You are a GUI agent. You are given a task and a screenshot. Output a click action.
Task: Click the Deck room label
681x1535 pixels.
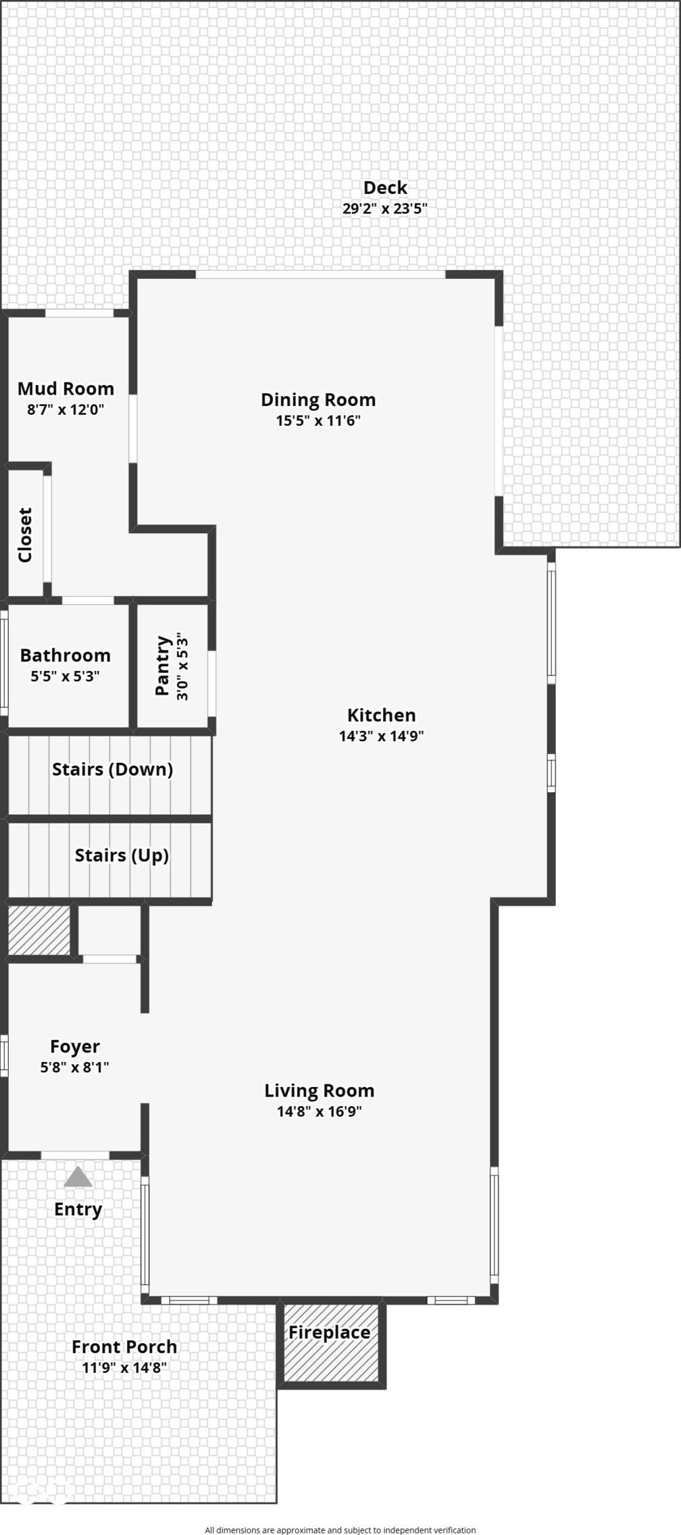tap(385, 187)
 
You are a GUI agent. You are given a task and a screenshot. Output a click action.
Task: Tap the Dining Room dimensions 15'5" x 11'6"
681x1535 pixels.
tap(318, 420)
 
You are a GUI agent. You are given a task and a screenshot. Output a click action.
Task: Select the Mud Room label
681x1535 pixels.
tap(66, 388)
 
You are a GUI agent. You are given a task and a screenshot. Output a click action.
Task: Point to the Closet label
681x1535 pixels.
tap(25, 535)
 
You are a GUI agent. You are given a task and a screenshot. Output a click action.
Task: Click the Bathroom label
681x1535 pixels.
tap(66, 655)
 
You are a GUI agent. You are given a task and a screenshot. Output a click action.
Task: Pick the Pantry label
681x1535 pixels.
tap(162, 665)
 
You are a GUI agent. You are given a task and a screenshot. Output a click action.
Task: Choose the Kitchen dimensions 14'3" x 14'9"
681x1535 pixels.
tap(382, 736)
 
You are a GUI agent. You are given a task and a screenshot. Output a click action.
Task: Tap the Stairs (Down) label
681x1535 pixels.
tap(113, 769)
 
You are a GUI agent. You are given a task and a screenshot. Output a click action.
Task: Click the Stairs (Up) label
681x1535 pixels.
tap(122, 855)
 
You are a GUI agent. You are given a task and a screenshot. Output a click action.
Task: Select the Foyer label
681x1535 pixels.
tap(75, 1047)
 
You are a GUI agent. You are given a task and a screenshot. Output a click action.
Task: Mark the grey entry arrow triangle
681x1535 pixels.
tap(78, 1176)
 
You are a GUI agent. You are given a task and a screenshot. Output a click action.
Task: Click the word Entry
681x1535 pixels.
tap(78, 1209)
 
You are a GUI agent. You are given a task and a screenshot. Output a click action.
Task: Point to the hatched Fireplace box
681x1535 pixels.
tap(331, 1342)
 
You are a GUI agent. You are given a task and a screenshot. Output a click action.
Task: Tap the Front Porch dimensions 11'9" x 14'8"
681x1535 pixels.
tap(124, 1367)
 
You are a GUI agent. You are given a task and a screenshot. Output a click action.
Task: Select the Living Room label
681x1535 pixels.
tap(320, 1090)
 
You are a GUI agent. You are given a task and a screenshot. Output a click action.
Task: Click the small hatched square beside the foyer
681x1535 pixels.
tap(39, 930)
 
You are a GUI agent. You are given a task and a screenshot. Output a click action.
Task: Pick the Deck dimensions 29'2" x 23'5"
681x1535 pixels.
tap(385, 208)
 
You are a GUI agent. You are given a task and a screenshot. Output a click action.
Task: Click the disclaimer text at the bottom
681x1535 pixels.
tap(340, 1525)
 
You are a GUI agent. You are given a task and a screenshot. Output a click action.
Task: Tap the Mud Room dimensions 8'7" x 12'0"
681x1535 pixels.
tap(66, 409)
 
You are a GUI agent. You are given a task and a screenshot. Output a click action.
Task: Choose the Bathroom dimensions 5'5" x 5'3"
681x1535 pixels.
tap(66, 676)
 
